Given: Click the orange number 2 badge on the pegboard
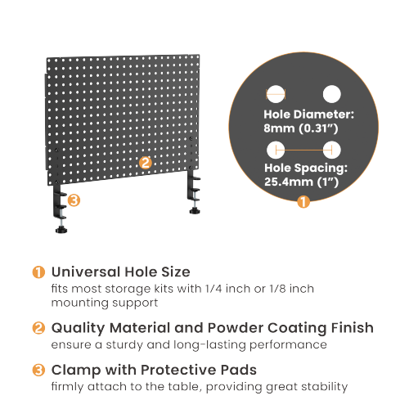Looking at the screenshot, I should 145,162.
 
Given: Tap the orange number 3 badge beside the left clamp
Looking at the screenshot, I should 74,200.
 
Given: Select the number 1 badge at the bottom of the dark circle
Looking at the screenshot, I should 303,201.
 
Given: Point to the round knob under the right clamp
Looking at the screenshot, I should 196,211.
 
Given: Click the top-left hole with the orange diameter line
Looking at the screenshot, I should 276,94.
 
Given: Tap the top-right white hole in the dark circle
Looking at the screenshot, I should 331,94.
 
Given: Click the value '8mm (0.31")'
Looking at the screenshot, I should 299,129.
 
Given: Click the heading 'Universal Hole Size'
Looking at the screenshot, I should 120,271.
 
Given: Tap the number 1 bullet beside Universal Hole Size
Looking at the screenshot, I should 38,271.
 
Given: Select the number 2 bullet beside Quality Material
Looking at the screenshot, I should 38,327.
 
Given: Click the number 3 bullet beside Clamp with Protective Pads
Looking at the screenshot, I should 38,369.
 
